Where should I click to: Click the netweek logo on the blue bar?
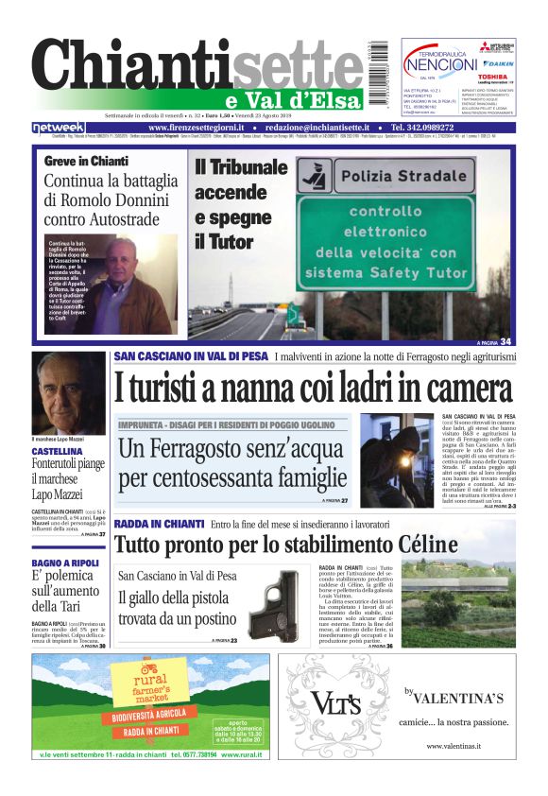click(58, 128)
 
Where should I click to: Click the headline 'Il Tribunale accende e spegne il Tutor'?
click(241, 204)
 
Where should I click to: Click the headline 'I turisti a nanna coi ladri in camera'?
click(315, 388)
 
